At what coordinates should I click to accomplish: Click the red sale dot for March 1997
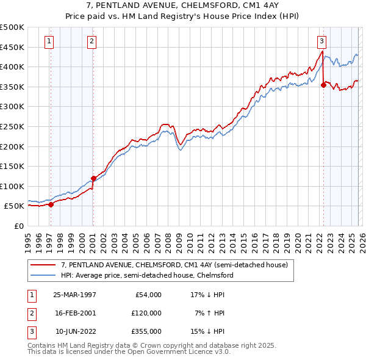click(51, 204)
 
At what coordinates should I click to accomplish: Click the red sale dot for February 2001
click(93, 178)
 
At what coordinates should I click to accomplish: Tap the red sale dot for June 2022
click(323, 85)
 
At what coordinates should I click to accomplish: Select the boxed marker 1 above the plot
click(49, 41)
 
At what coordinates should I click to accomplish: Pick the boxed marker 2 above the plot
click(91, 41)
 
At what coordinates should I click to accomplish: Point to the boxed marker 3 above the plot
click(321, 41)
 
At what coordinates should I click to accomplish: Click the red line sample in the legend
click(44, 265)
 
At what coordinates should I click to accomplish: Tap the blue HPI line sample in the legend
click(44, 275)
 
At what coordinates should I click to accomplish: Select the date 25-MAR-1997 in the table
click(74, 295)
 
